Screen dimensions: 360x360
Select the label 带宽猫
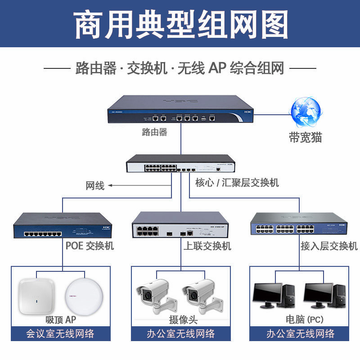306,137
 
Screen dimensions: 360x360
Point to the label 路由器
154,132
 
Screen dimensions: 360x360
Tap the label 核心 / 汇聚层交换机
237,182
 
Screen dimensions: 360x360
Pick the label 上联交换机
207,246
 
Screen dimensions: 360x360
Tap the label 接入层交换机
329,246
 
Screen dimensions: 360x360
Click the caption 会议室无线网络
60,334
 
